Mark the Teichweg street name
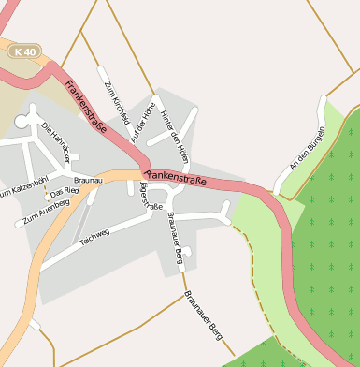(94, 238)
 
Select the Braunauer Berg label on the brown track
(205, 314)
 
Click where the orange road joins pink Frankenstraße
(142, 171)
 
